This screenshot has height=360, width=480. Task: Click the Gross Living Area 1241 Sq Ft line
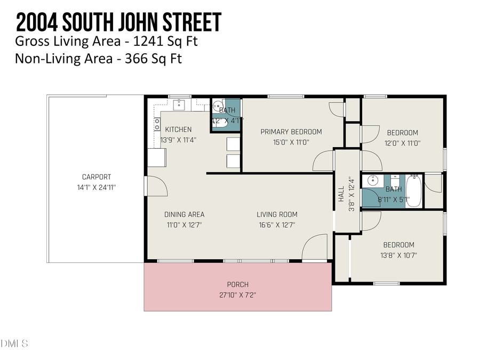(x=109, y=41)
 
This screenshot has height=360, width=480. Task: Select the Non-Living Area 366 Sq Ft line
(x=99, y=58)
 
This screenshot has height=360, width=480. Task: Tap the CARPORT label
(x=97, y=177)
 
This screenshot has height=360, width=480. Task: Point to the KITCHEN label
(x=178, y=130)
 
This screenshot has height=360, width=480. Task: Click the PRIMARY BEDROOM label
(x=291, y=132)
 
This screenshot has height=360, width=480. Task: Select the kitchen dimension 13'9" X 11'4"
(x=179, y=140)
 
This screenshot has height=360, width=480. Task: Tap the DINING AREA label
(x=184, y=214)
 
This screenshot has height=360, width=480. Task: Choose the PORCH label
(x=237, y=284)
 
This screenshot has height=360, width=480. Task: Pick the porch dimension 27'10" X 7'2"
(x=237, y=294)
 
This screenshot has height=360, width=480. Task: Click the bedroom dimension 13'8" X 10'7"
(x=398, y=255)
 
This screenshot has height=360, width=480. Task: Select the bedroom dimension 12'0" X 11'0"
(x=402, y=143)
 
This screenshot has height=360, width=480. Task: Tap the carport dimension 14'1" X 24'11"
(x=97, y=188)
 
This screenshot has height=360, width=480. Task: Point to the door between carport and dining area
(x=156, y=186)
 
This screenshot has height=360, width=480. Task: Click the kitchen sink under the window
(x=179, y=104)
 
